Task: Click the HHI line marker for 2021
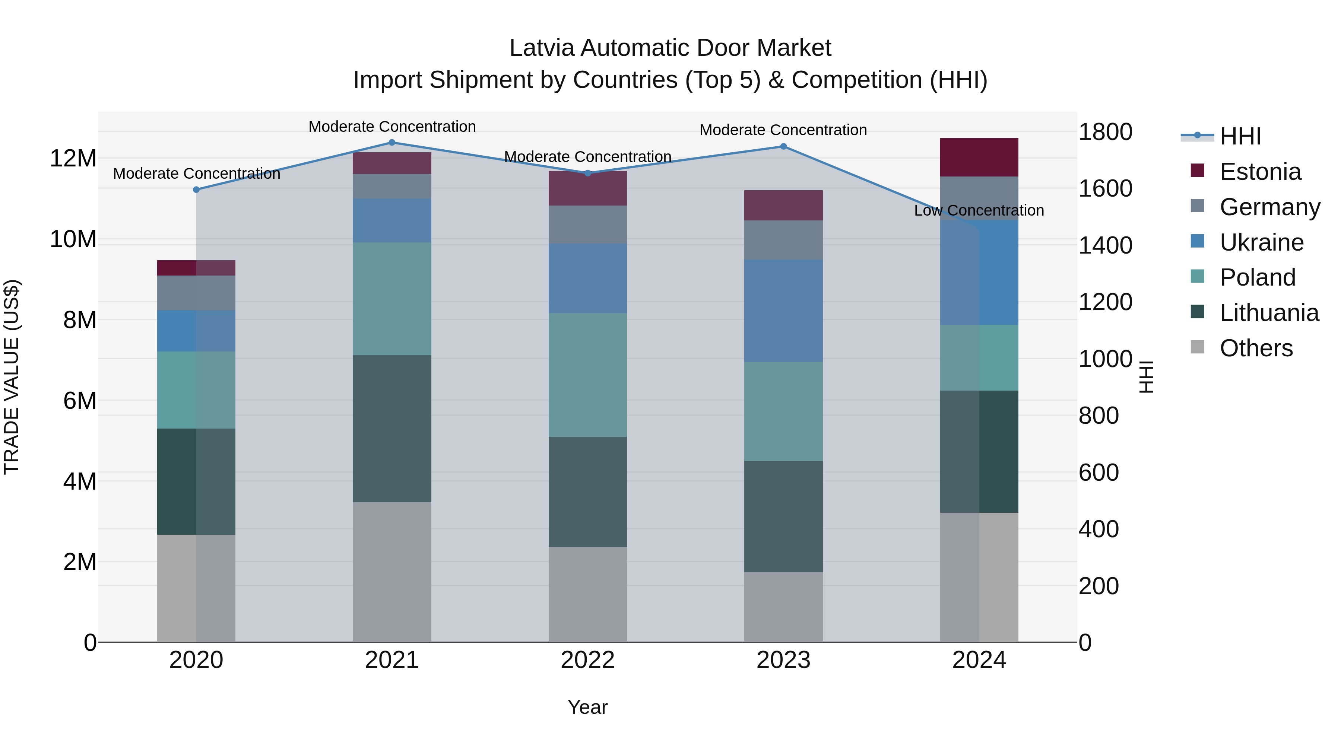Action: pos(392,143)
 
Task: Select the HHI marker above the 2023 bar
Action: pos(783,147)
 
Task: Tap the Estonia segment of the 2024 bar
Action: pos(979,157)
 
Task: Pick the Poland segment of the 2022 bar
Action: pos(588,375)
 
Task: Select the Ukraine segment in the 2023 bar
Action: pos(783,311)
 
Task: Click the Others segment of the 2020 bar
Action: pos(196,588)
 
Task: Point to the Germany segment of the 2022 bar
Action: pos(588,225)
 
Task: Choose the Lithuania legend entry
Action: pos(1269,313)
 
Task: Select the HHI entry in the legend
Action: pos(1240,136)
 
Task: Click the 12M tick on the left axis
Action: pos(73,158)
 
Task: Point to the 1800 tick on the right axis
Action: pos(1105,132)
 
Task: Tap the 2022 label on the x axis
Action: pos(588,660)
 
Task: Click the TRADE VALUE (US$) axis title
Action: pos(12,377)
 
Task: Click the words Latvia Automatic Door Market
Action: pos(670,48)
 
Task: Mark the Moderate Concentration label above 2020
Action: pos(196,174)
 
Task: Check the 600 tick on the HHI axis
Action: pos(1099,473)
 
